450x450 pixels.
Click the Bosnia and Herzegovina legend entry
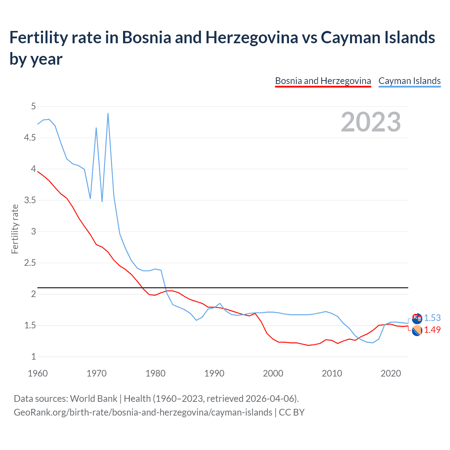323,81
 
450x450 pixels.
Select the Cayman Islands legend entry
409,81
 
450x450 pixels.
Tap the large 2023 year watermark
371,122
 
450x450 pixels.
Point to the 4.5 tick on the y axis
30,138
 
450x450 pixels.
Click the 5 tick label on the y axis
33,106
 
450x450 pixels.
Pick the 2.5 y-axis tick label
30,263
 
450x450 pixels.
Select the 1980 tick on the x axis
155,373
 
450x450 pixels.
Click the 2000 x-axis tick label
273,373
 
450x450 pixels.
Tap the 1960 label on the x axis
38,373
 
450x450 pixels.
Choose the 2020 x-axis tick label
391,373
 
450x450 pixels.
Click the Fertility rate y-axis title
15,229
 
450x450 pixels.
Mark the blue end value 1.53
432,318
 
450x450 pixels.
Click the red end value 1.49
432,330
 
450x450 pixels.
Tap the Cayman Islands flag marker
417,319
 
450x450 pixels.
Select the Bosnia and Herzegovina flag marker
417,330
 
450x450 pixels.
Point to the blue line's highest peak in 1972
108,113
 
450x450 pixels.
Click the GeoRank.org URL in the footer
143,412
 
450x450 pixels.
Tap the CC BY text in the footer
291,412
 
